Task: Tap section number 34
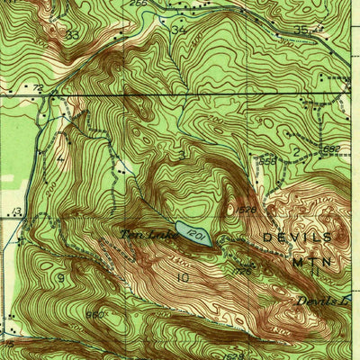(x=178, y=30)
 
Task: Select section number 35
(x=300, y=29)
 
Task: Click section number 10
(x=183, y=278)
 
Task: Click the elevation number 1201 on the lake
(x=199, y=234)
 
